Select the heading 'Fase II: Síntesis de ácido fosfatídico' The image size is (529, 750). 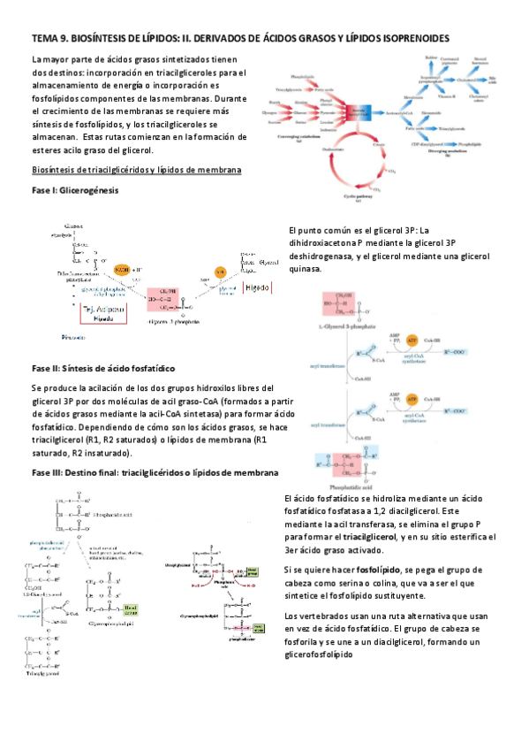tap(103, 366)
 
